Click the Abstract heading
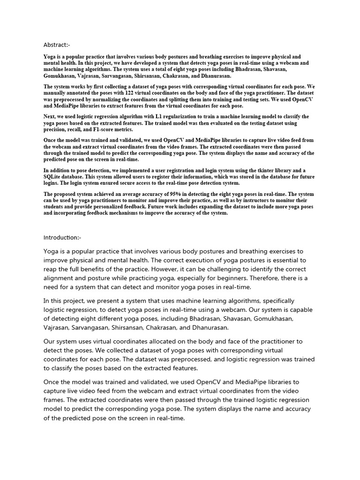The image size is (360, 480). click(57, 45)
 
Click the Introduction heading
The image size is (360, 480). click(62, 238)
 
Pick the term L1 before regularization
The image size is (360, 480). click(154, 116)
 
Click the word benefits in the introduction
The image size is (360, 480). click(97, 269)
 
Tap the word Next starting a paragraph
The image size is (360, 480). click(51, 116)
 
